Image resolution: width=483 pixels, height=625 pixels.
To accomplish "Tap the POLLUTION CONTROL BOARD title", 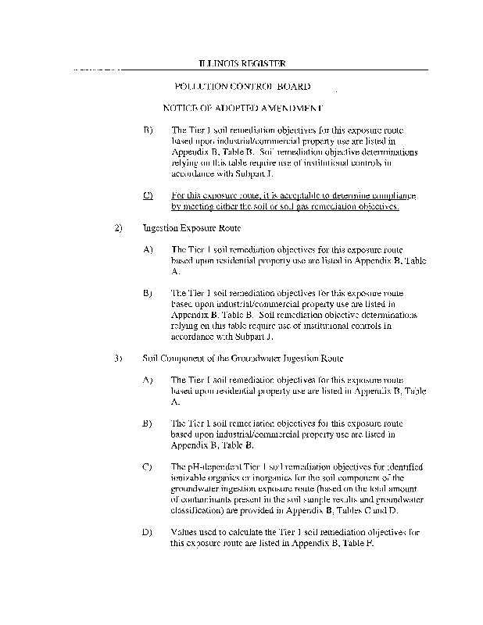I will (243, 87).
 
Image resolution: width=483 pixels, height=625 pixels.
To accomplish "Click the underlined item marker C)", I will (148, 195).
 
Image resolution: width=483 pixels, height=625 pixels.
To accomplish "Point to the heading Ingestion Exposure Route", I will (191, 228).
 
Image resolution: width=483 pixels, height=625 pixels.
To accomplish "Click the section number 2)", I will (119, 228).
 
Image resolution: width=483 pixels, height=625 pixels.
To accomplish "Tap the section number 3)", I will (119, 359).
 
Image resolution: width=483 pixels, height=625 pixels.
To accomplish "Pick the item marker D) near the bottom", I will (148, 532).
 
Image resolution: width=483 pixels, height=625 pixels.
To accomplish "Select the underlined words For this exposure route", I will (214, 195).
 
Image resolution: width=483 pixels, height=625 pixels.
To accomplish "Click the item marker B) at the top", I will (148, 130).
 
